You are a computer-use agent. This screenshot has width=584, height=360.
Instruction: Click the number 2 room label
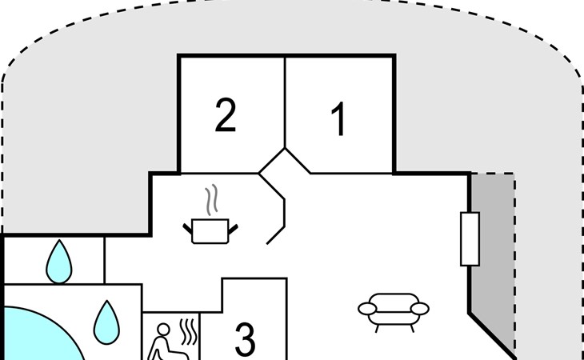tap(226, 114)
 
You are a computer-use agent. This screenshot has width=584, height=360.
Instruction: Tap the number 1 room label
tap(338, 118)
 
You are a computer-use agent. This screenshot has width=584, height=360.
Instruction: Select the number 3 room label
tap(246, 339)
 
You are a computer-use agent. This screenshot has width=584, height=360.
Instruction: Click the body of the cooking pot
tap(210, 231)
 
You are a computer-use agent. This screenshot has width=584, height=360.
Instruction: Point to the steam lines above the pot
tap(211, 200)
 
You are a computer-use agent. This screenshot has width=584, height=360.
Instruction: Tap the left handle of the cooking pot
tap(188, 229)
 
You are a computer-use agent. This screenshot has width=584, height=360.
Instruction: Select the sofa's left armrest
tap(368, 309)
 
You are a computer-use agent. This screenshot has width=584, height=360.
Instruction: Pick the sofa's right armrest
tap(420, 309)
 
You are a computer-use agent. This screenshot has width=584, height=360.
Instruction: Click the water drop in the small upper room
tap(59, 262)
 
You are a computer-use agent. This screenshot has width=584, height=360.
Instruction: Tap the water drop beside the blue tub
tap(106, 323)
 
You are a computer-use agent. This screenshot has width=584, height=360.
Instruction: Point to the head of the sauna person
tap(163, 330)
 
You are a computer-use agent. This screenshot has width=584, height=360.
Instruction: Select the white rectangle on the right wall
tap(470, 239)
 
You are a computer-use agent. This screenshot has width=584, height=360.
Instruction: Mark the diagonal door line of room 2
tap(271, 161)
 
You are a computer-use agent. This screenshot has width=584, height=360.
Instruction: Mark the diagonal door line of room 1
tap(298, 161)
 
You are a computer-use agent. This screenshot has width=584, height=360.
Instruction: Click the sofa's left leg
tap(378, 328)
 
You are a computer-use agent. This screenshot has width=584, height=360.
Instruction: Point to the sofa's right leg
tap(412, 328)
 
